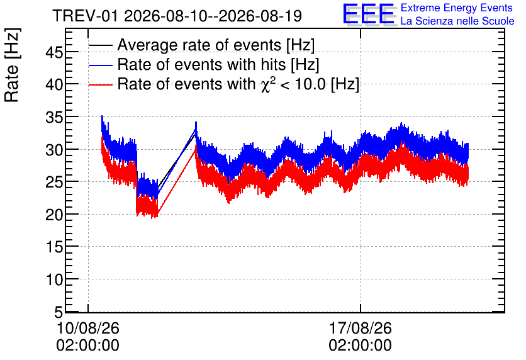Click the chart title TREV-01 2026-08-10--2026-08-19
(177, 16)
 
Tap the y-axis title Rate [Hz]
(12, 65)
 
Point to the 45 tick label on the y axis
(54, 52)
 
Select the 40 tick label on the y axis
(54, 84)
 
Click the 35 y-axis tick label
(54, 117)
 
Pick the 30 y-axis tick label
(54, 150)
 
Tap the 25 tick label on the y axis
(54, 182)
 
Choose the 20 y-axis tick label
(54, 215)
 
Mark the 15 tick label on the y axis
(54, 247)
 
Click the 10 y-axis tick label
(54, 279)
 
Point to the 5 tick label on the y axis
(59, 312)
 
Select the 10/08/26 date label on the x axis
(88, 328)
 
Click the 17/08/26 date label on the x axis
(361, 328)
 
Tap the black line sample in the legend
(101, 45)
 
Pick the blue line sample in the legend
(101, 65)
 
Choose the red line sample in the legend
(101, 84)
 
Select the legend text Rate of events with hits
(201, 65)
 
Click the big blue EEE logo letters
(369, 14)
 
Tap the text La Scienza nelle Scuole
(457, 21)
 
